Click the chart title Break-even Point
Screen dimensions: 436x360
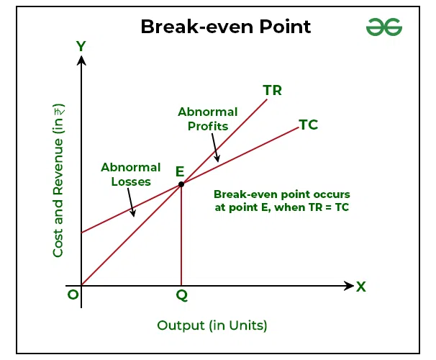point(226,27)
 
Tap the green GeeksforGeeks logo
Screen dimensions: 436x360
point(384,27)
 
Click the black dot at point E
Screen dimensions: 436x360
point(181,184)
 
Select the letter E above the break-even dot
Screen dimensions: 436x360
point(180,171)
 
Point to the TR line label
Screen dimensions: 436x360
point(272,91)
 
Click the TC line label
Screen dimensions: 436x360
point(309,125)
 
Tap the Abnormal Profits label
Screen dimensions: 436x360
point(208,119)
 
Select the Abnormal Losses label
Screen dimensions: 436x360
point(131,174)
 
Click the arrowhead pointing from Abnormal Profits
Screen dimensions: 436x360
point(217,158)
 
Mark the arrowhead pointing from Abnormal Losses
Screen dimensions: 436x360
point(133,213)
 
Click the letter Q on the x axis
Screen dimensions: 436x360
point(182,295)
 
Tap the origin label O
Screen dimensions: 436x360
point(73,294)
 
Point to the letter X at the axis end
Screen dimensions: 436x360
point(361,287)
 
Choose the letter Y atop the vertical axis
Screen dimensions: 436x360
point(81,46)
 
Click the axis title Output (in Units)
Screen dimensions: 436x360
point(212,325)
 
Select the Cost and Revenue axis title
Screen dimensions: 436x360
point(58,180)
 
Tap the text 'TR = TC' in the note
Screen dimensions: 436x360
point(329,207)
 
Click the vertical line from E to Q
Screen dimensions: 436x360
point(181,235)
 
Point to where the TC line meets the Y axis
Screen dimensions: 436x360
point(81,233)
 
